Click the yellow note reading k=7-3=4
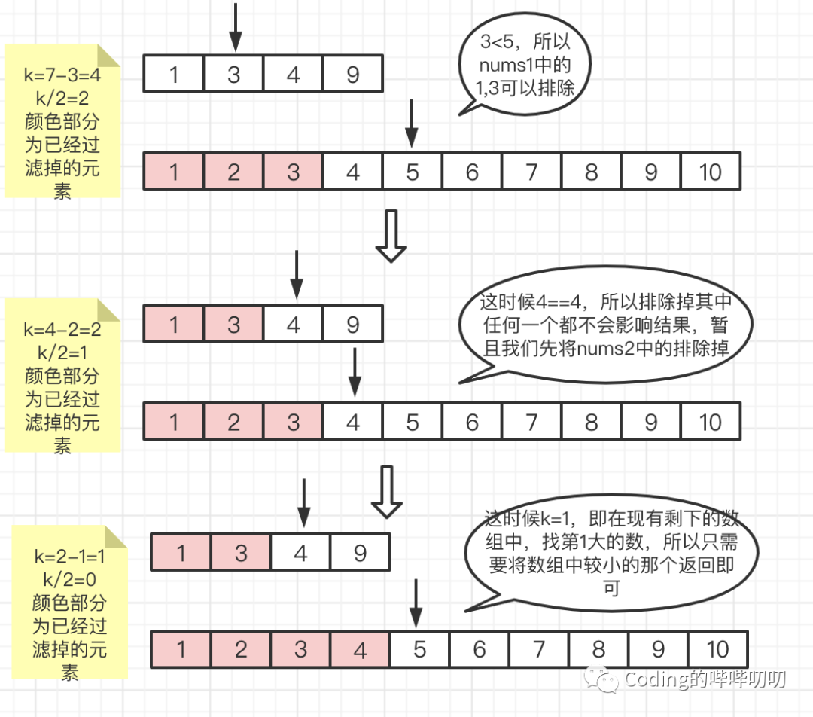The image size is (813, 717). [x=62, y=121]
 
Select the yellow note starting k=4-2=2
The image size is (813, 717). [x=62, y=374]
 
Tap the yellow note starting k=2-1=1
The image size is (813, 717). [x=70, y=603]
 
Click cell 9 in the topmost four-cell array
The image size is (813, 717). [x=352, y=75]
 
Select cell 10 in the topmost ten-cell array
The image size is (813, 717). [x=710, y=172]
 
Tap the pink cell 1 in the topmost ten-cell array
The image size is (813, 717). [x=174, y=172]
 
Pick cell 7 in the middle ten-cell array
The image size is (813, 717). [x=531, y=422]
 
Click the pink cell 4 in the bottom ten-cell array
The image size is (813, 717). [x=360, y=649]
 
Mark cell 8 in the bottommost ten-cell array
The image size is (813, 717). [x=598, y=649]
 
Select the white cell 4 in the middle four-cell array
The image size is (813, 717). [x=293, y=325]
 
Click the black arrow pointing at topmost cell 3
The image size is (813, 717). [x=234, y=27]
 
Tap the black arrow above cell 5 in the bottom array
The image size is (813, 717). [x=415, y=600]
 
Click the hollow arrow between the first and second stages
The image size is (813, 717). [x=391, y=236]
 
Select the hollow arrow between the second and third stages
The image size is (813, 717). [x=387, y=491]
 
